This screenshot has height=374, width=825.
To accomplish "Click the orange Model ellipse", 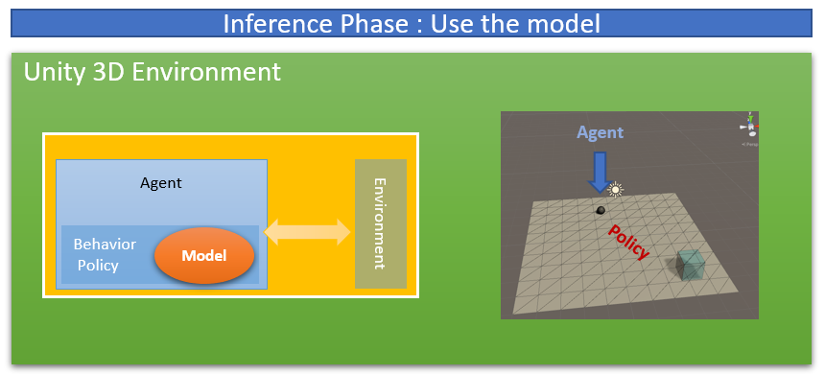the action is click(x=204, y=256).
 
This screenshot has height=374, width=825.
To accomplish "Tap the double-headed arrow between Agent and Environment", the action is click(x=307, y=231).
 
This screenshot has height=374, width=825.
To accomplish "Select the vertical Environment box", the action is click(x=381, y=223).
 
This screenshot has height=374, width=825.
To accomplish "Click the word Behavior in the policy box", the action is click(x=105, y=245).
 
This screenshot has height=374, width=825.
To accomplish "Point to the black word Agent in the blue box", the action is click(x=161, y=183).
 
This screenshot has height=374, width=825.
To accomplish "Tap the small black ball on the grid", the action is click(x=601, y=210).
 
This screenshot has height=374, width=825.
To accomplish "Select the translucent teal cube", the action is click(x=691, y=265).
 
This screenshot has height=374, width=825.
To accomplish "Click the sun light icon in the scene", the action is click(x=615, y=189).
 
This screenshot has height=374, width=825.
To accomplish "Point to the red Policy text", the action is click(x=628, y=242).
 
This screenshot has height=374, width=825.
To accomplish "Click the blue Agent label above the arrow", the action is click(x=600, y=132).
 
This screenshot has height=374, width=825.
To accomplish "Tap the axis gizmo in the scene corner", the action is click(x=750, y=126).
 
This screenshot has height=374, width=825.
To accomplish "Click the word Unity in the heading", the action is click(x=54, y=72).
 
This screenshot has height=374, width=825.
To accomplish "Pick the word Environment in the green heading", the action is click(x=205, y=72).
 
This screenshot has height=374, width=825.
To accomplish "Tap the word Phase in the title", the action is click(x=377, y=24).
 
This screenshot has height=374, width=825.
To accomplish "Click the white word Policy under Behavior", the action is click(x=98, y=265).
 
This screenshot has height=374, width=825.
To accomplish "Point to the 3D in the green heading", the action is click(x=107, y=72).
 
